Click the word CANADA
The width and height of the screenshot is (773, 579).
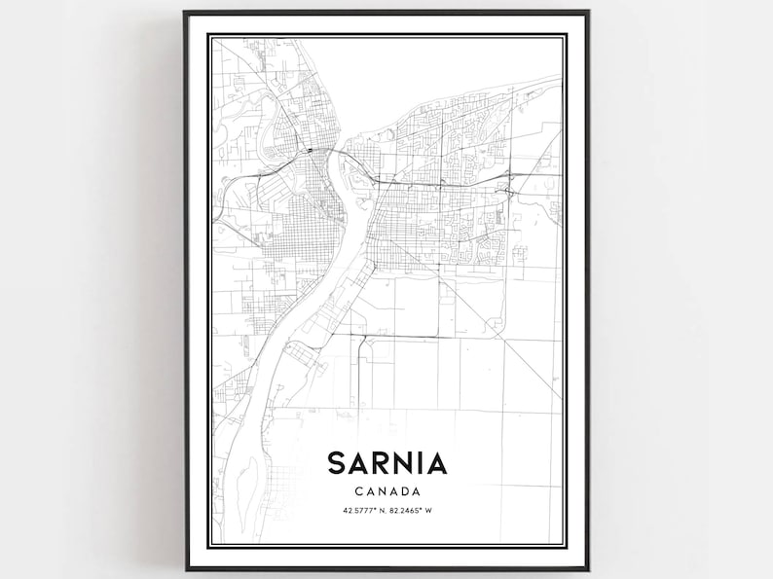click(386, 491)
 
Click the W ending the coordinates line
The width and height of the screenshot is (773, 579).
click(431, 511)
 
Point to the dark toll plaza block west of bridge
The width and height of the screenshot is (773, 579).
click(308, 151)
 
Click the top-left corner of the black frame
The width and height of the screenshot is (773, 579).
click(184, 13)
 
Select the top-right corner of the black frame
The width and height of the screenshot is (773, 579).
click(588, 13)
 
